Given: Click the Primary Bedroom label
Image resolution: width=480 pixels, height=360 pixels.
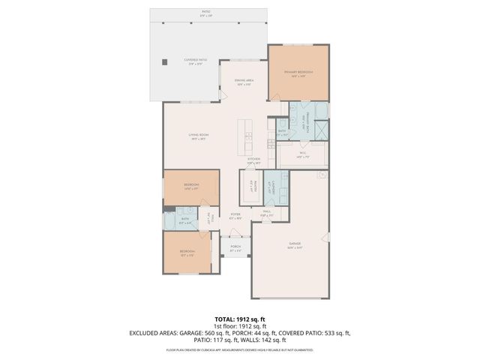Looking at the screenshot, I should click(298, 73).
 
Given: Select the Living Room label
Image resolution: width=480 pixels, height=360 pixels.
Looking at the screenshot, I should click(198, 136).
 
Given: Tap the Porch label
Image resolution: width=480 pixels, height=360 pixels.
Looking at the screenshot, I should click(235, 247).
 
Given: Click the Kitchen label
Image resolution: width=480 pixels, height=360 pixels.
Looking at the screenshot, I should click(253, 160).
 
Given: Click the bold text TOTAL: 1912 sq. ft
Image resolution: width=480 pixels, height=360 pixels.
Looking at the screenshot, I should click(240, 319).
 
